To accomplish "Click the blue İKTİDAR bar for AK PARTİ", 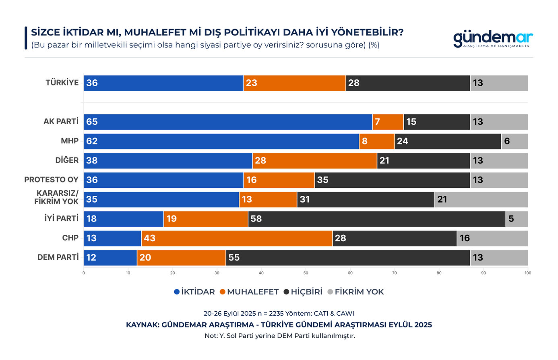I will (228, 122).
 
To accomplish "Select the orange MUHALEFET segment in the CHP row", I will (237, 238).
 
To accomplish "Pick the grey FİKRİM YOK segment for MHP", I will (514, 141).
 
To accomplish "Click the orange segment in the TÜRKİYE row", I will (295, 83).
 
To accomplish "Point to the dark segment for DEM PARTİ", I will (347, 258).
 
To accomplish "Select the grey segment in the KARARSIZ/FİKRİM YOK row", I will (481, 200).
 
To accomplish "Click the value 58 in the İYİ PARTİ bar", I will (256, 219).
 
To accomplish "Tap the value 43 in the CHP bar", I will (149, 238).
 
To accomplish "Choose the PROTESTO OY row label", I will (51, 180).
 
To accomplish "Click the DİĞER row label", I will (67, 160).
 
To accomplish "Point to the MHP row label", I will (70, 141).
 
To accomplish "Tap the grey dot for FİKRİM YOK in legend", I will (330, 292).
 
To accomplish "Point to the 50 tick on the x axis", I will (306, 273).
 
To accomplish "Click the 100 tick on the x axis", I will (527, 273).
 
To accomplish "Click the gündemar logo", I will (493, 39).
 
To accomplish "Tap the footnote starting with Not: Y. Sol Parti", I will (279, 336).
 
